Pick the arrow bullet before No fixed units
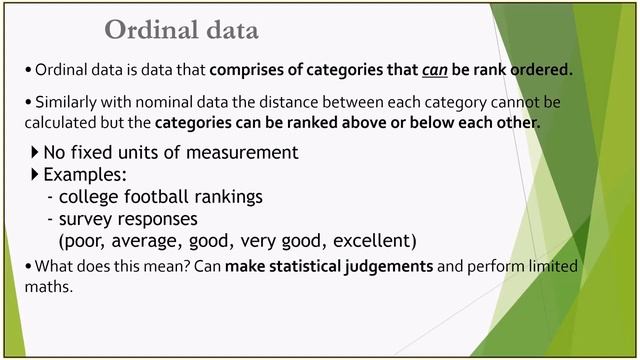click(x=35, y=152)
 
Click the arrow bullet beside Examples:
click(x=35, y=174)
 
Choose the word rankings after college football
click(x=226, y=196)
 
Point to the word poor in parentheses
click(x=86, y=241)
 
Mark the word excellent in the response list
click(x=373, y=241)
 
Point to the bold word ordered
click(x=536, y=70)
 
